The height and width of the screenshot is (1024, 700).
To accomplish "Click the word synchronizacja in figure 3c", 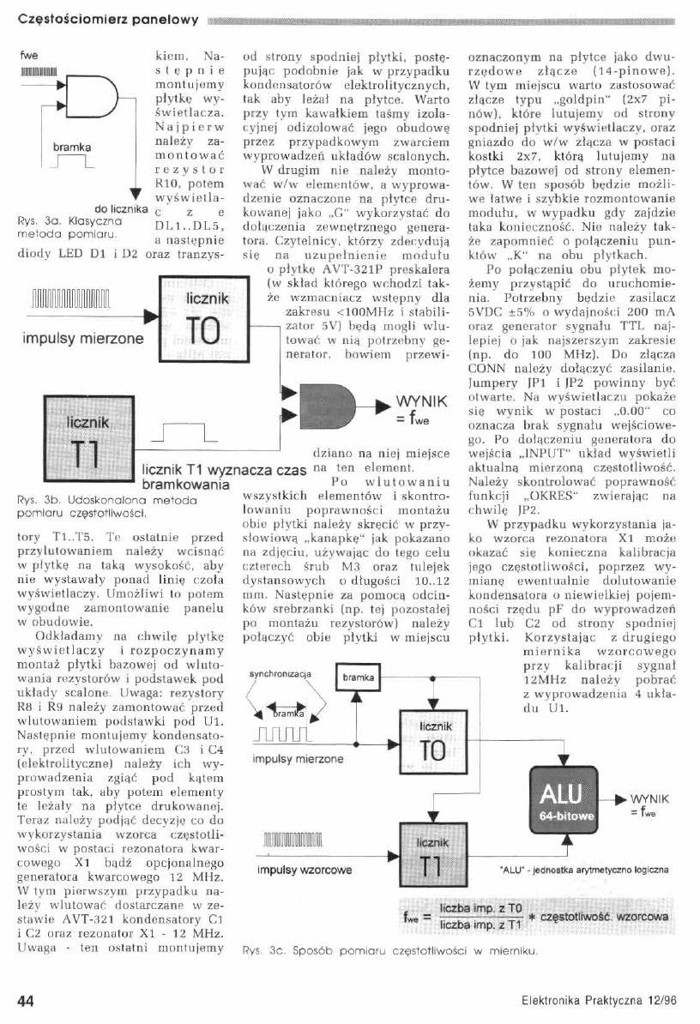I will coord(278,674).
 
